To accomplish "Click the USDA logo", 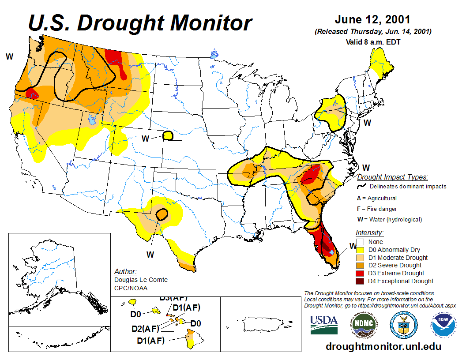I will point(324,325).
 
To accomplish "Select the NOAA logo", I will point(443,325).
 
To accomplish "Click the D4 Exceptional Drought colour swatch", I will point(360,281).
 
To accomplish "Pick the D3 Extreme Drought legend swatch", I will point(360,273).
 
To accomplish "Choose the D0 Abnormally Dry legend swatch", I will point(360,250).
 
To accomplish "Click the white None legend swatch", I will point(360,242).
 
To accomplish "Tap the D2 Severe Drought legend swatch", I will point(360,265).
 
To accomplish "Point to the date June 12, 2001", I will point(372,20).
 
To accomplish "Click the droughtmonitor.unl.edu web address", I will point(383,346).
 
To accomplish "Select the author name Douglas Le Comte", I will point(141,280).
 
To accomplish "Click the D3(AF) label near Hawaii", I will point(173,298).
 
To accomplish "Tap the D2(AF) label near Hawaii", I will point(145,328).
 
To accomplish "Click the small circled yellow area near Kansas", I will point(168,135).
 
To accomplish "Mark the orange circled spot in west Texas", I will point(162,215).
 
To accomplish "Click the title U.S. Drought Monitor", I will point(140,23).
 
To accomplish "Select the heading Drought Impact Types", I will point(392,177).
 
